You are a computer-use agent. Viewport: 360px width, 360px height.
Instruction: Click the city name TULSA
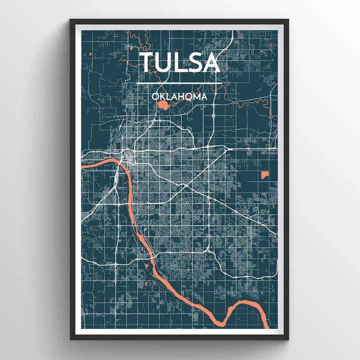[179, 62]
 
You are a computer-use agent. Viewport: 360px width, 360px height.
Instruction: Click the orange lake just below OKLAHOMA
[163, 104]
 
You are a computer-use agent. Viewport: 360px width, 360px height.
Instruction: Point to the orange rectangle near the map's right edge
[264, 174]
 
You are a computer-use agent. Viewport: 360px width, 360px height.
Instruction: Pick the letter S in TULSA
[193, 62]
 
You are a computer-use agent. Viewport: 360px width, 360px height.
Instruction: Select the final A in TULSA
[211, 62]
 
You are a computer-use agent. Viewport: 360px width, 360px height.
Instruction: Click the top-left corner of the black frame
[71, 20]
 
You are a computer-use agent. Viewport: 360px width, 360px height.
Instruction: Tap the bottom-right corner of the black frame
[288, 339]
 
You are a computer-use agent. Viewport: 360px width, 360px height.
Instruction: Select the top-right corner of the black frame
[288, 20]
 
